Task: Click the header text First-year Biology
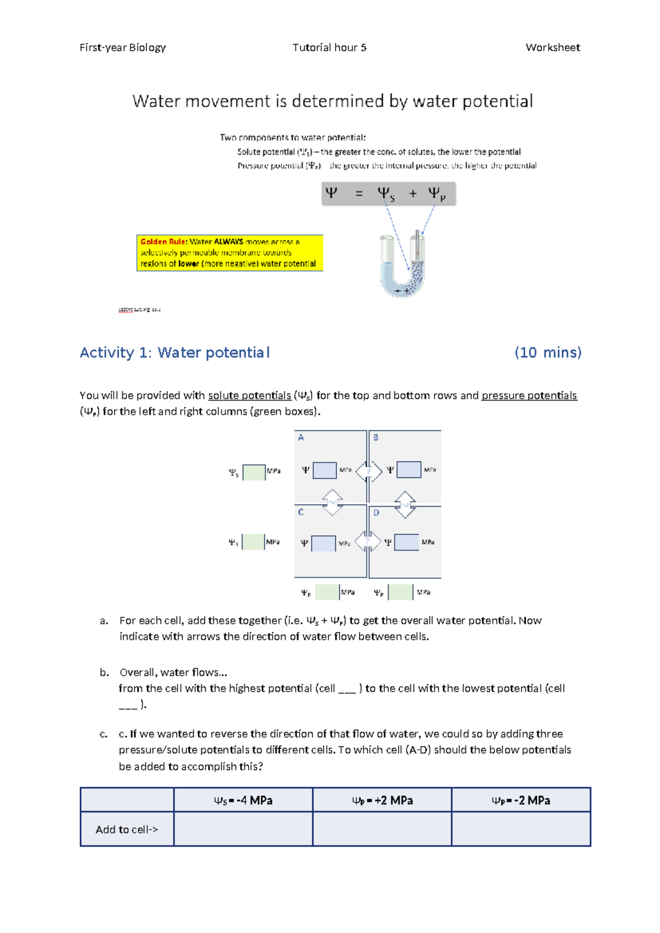click(123, 47)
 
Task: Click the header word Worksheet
click(552, 47)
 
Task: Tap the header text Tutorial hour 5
click(329, 47)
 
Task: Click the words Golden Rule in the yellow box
click(164, 242)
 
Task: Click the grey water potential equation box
click(388, 194)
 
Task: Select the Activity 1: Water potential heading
click(174, 353)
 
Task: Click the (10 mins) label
click(547, 353)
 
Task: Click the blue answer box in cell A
click(324, 470)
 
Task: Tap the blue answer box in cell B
click(409, 470)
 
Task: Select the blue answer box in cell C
click(323, 543)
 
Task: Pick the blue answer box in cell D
click(407, 542)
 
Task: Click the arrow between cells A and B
click(369, 471)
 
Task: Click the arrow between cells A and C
click(333, 502)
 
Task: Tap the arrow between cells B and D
click(405, 504)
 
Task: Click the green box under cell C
click(327, 592)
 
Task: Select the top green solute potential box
click(254, 472)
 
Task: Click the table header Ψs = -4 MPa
click(243, 800)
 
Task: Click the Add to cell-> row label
click(127, 830)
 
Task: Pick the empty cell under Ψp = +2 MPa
click(382, 829)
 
